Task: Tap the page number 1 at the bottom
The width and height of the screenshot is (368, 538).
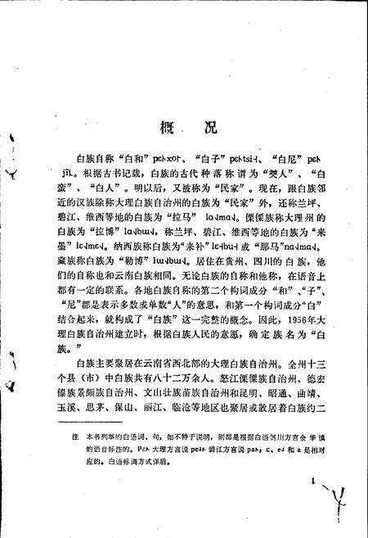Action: click(312, 485)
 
